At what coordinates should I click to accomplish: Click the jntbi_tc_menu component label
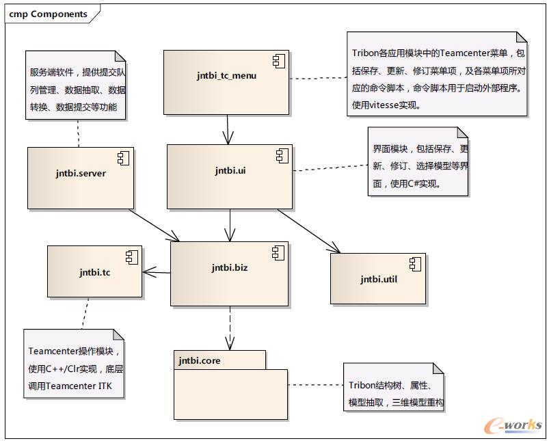pyautogui.click(x=226, y=75)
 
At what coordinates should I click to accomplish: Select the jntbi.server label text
pyautogui.click(x=81, y=173)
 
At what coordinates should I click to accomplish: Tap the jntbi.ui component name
pyautogui.click(x=230, y=170)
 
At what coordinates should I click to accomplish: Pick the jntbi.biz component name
pyautogui.click(x=229, y=267)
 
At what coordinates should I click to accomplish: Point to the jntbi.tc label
pyautogui.click(x=94, y=272)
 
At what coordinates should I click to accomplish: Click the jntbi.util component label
pyautogui.click(x=378, y=279)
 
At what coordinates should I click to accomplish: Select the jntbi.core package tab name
pyautogui.click(x=200, y=360)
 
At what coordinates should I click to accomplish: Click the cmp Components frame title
pyautogui.click(x=48, y=14)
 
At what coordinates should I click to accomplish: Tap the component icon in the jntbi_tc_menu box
pyautogui.click(x=278, y=62)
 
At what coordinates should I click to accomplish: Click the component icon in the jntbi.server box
pyautogui.click(x=124, y=159)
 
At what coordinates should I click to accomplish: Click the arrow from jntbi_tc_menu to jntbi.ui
pyautogui.click(x=227, y=129)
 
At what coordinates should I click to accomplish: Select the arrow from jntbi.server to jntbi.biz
pyautogui.click(x=154, y=224)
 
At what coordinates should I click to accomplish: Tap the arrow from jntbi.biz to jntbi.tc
pyautogui.click(x=157, y=273)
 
